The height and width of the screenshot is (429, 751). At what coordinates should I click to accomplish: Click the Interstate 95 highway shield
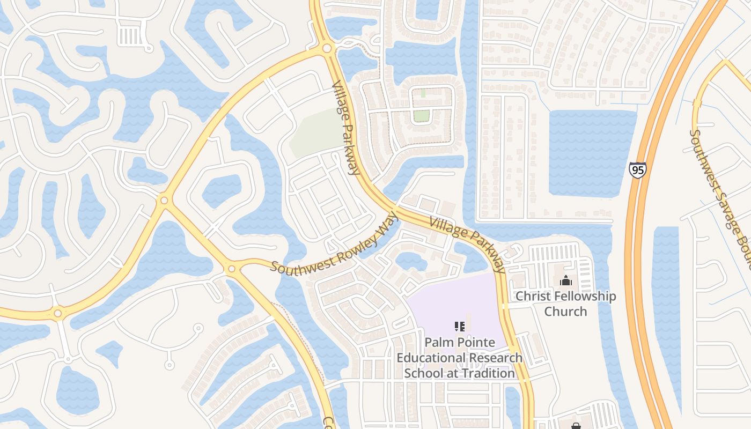(x=637, y=169)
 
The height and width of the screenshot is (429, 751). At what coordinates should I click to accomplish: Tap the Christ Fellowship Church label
(x=565, y=304)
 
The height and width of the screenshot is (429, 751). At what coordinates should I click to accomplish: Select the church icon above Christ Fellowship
(x=565, y=280)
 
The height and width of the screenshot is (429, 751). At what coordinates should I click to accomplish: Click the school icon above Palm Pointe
(x=459, y=326)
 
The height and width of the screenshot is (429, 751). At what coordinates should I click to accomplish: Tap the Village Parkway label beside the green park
(x=345, y=128)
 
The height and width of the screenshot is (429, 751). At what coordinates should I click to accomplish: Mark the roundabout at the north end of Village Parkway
(x=327, y=49)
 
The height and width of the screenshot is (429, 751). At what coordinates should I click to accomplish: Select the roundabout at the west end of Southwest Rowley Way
(x=231, y=268)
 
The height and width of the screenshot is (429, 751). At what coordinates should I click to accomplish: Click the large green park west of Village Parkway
(x=316, y=131)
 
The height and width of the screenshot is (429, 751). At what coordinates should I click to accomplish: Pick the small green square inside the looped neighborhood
(x=422, y=115)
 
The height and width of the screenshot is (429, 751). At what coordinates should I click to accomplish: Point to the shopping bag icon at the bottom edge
(x=576, y=426)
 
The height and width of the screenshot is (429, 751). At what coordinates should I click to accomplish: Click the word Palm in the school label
(x=436, y=342)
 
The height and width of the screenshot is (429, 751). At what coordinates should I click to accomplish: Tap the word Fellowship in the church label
(x=584, y=296)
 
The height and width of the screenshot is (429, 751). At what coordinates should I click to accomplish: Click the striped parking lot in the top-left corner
(x=129, y=35)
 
